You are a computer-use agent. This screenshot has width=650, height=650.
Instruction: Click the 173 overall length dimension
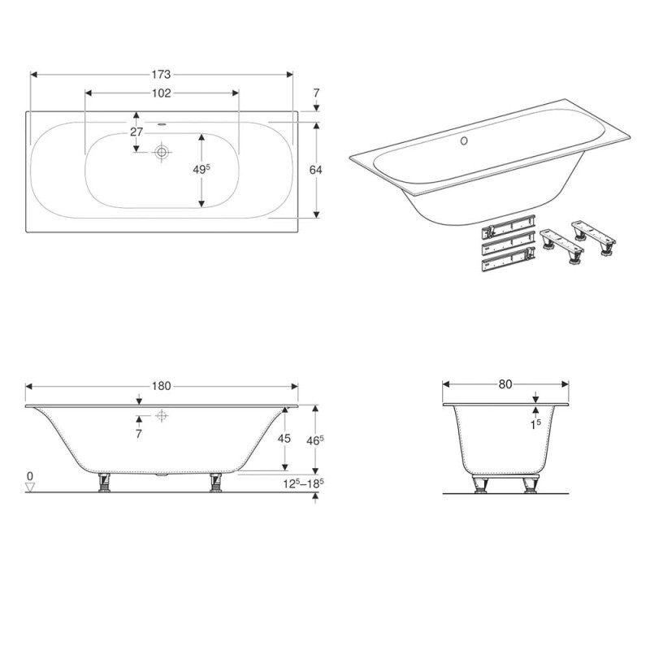coord(161,75)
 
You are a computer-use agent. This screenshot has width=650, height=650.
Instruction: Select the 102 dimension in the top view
coord(161,93)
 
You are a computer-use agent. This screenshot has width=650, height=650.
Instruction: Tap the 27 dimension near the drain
coord(136,132)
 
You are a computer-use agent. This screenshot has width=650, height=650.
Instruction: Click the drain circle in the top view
coord(162,151)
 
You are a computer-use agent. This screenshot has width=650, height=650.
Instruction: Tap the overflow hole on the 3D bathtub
coord(465,141)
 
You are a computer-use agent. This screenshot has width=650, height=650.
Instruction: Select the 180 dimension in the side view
coord(161,386)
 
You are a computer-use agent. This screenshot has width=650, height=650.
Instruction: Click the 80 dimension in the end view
coord(505,384)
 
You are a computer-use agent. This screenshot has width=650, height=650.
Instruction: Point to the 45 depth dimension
coord(285,439)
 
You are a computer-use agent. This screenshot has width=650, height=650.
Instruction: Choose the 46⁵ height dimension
coord(317,440)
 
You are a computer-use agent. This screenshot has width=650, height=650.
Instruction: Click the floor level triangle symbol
coord(31,487)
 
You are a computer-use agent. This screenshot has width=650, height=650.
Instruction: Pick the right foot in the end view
coord(531,486)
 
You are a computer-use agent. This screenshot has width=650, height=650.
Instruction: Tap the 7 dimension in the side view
coord(139,435)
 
